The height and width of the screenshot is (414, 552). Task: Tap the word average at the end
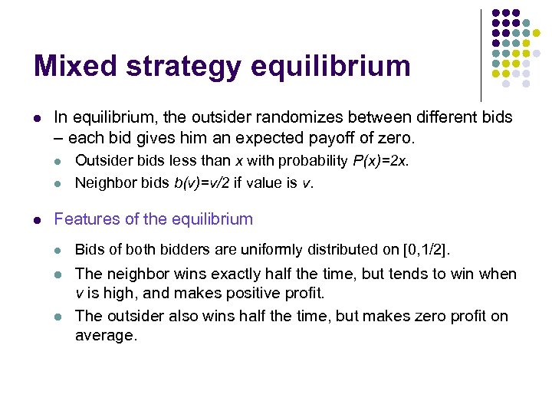tap(105, 335)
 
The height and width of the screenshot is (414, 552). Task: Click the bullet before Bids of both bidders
tap(58, 250)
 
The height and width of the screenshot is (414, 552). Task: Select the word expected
tap(265, 139)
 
